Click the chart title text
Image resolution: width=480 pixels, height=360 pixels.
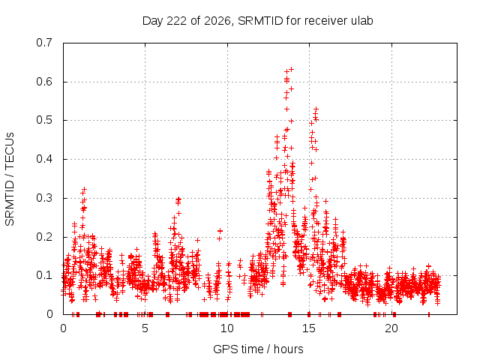(257, 21)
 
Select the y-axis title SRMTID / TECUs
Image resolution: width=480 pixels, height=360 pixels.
(10, 179)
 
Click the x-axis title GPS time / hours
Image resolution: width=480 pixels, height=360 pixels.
(258, 349)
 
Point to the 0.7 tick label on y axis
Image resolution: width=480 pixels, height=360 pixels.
(44, 43)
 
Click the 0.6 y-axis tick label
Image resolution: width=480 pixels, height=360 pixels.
(44, 82)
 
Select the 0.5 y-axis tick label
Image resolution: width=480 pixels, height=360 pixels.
(44, 120)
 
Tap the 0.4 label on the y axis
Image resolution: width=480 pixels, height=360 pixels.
(44, 159)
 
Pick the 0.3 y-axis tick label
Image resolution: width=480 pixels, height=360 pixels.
(44, 198)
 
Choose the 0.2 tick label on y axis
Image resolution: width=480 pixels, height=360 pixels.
(44, 237)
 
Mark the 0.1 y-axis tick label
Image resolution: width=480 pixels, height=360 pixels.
(44, 275)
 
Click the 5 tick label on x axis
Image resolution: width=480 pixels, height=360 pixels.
(145, 328)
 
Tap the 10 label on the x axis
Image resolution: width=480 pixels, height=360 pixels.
(226, 328)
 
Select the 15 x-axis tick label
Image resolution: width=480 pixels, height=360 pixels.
(308, 328)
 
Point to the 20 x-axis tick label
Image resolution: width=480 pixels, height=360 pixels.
(391, 328)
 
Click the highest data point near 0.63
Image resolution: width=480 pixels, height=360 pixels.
(292, 69)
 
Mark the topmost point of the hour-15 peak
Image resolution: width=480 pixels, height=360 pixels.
(316, 109)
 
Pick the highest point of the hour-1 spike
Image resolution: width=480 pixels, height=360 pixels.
(85, 190)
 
